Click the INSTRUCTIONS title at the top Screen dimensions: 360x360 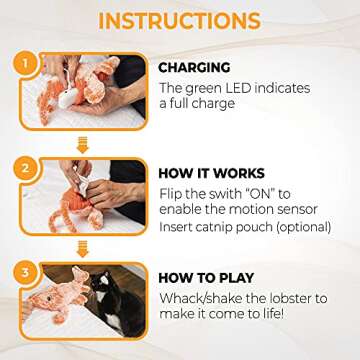pos(180,21)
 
